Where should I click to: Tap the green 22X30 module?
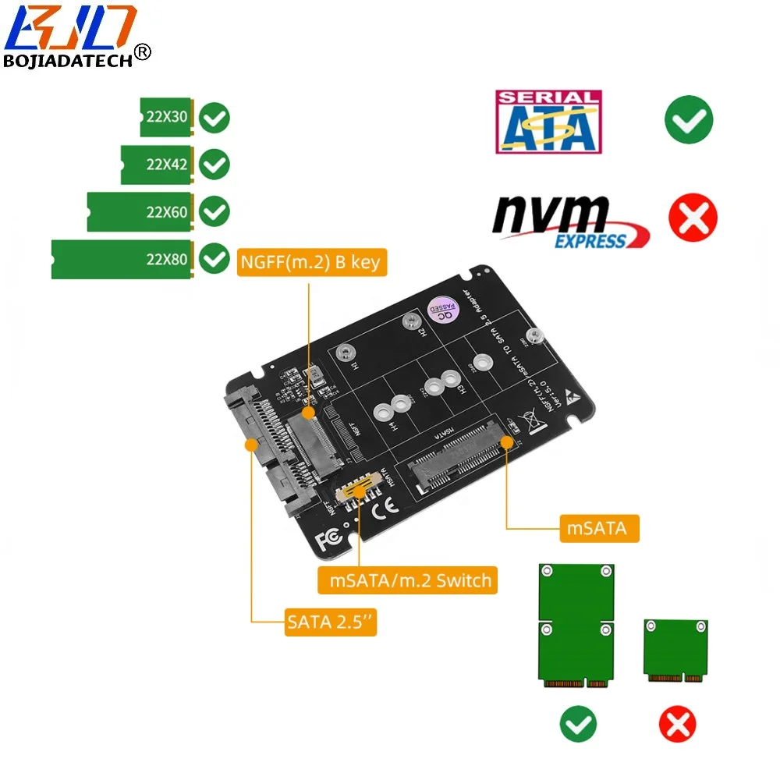(167, 118)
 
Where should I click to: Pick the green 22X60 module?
(141, 211)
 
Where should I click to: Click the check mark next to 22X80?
(214, 259)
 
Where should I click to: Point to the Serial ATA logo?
(548, 121)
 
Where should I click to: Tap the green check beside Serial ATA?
(688, 120)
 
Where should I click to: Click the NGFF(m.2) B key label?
(310, 262)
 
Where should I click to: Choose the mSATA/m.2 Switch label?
(408, 580)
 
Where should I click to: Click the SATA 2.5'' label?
(330, 622)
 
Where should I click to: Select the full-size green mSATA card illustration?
(576, 626)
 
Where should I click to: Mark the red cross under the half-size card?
(677, 725)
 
